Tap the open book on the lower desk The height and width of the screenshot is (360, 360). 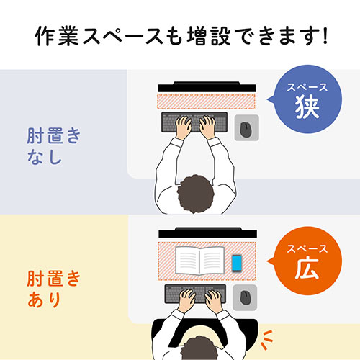click(199, 260)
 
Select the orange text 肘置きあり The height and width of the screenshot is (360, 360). click(54, 288)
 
